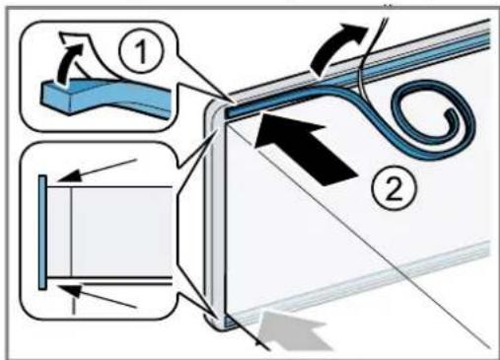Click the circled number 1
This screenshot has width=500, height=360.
coord(141,52)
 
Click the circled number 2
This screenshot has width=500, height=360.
coord(393,188)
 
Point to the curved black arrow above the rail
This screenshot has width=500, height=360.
coord(335,46)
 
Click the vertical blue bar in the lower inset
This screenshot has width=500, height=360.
coord(42,233)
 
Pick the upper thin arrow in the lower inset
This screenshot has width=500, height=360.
coord(97,170)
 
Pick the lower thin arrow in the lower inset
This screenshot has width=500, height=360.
coord(97,297)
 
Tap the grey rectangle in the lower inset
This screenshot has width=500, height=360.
coord(109,232)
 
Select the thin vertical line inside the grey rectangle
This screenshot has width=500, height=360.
coord(71,232)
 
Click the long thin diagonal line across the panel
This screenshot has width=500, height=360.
coord(358,237)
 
